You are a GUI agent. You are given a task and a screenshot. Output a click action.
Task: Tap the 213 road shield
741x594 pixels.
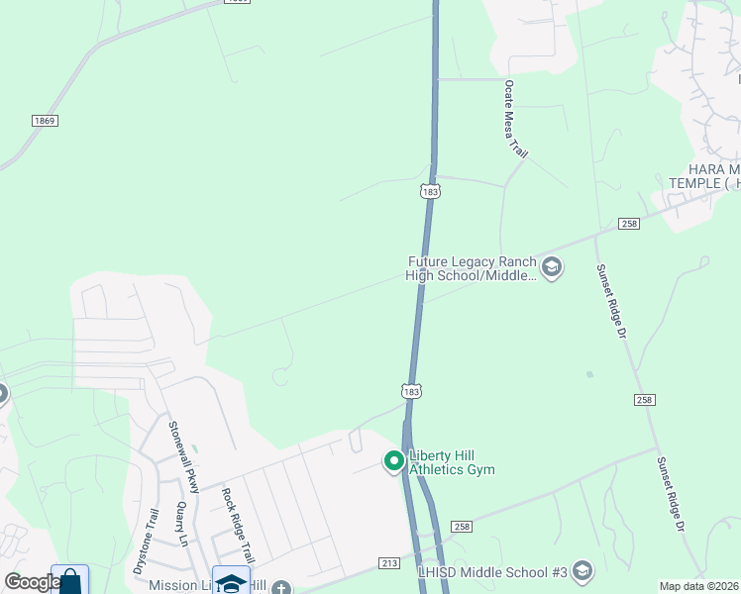click(x=388, y=563)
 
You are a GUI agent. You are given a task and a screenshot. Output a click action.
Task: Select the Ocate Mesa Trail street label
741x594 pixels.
click(x=516, y=121)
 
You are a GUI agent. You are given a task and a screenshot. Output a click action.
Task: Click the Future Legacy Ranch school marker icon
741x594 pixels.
click(x=552, y=267)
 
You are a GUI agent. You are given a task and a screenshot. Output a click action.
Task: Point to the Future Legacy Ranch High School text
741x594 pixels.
click(x=471, y=268)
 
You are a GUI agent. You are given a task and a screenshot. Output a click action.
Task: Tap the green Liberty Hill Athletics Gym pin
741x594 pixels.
click(x=393, y=461)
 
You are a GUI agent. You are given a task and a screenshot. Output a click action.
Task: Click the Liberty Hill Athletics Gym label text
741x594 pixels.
click(x=451, y=462)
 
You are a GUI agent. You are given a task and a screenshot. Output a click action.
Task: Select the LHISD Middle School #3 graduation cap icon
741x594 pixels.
click(x=582, y=571)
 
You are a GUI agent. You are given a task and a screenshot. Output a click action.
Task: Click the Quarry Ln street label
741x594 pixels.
click(x=181, y=525)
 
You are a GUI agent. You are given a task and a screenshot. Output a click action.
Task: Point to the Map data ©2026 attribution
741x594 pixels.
click(x=699, y=586)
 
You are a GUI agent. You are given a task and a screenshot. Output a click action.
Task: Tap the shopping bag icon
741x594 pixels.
click(x=69, y=581)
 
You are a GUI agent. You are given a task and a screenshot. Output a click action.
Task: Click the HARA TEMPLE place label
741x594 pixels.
click(x=701, y=176)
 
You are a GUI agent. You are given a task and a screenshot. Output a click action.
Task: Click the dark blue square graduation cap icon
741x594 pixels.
click(x=231, y=581)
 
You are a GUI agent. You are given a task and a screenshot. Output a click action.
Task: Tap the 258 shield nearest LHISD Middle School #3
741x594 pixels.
click(x=461, y=528)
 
